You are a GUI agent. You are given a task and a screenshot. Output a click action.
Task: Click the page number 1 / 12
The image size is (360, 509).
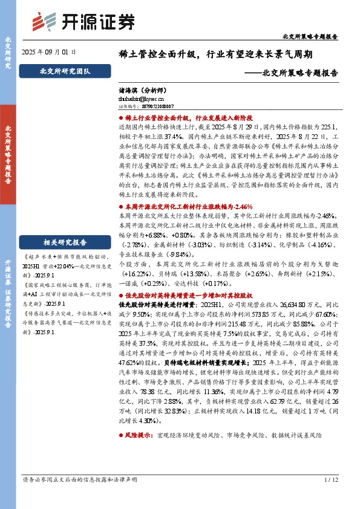coord(330,498)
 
